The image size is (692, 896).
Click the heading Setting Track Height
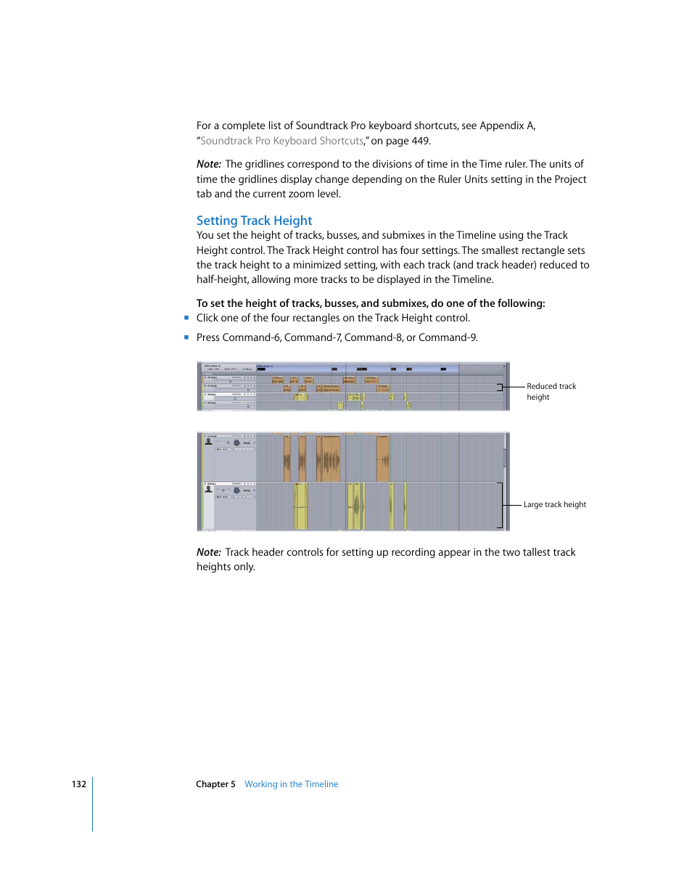pos(254,221)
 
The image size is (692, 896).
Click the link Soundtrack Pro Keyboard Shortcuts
pos(281,141)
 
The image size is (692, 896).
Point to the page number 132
pos(78,784)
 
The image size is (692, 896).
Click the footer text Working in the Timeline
pos(291,784)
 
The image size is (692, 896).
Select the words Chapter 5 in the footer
pos(215,784)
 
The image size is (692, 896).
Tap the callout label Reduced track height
pos(551,391)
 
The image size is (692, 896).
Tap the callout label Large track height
pos(554,504)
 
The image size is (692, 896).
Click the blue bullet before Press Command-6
pos(186,337)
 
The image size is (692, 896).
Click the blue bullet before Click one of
pos(186,318)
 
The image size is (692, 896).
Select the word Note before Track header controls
pos(208,552)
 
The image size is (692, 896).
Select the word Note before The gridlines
pos(208,164)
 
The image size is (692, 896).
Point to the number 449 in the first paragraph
pos(421,141)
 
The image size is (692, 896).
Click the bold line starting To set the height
pos(371,303)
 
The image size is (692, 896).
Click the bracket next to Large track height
pos(500,505)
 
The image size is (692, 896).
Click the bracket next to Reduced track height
pos(500,387)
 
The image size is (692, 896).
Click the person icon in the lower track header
pos(209,490)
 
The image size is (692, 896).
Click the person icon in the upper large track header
pos(209,441)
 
